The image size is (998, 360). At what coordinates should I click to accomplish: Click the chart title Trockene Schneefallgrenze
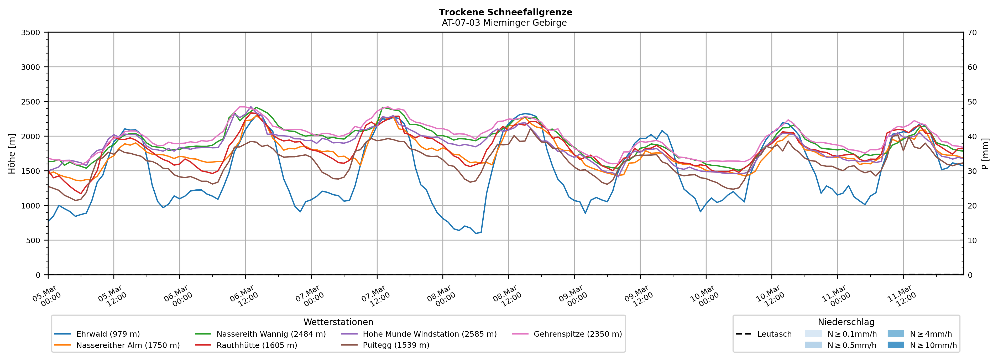(x=505, y=12)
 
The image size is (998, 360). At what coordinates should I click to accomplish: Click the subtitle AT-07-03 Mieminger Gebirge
(x=504, y=23)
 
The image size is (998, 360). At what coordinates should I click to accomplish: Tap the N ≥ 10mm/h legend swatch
(x=895, y=345)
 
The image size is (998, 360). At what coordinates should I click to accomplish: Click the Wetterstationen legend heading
(x=338, y=322)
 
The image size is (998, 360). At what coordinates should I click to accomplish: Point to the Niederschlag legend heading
(x=846, y=322)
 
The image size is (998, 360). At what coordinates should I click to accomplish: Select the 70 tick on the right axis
(x=972, y=33)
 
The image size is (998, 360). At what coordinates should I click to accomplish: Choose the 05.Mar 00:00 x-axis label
(x=47, y=296)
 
